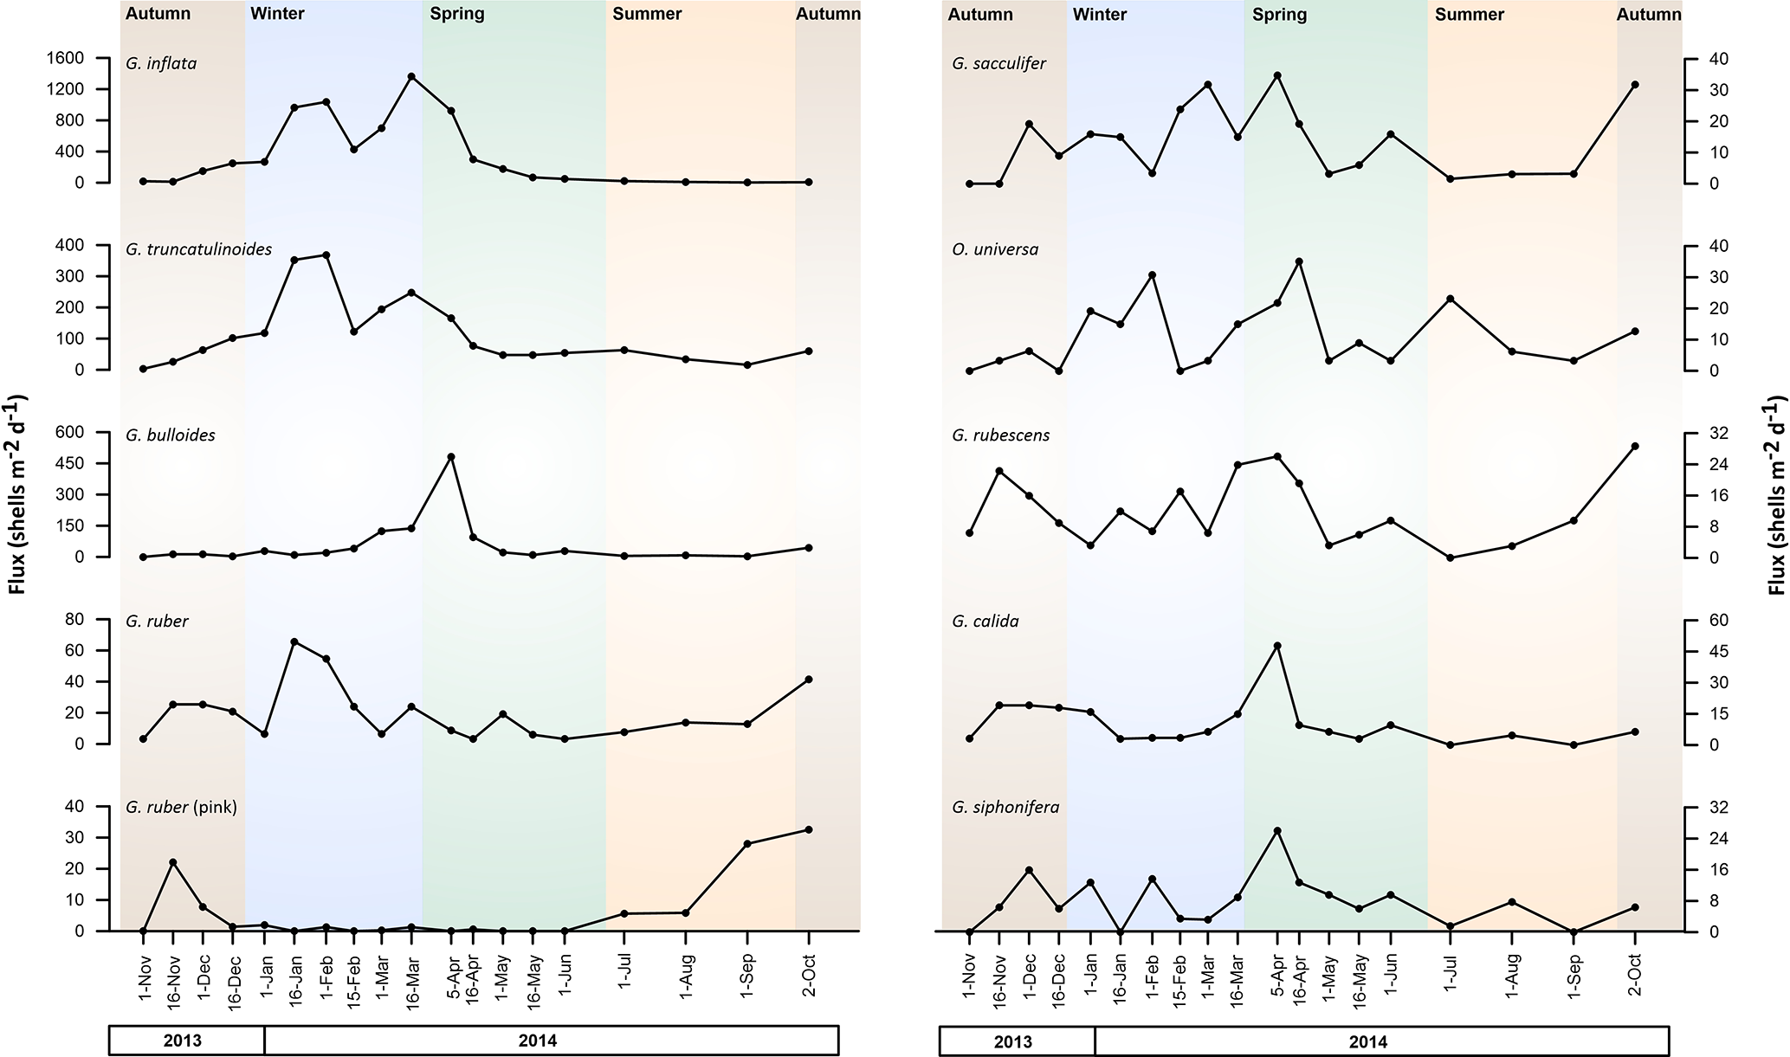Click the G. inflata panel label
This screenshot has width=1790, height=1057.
[x=161, y=63]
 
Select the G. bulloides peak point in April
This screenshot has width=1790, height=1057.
[x=450, y=456]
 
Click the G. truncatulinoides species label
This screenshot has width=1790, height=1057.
[x=198, y=249]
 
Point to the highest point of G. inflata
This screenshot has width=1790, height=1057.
[x=411, y=76]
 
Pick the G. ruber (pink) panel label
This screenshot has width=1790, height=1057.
[x=181, y=807]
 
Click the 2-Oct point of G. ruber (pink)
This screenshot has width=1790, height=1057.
[x=809, y=829]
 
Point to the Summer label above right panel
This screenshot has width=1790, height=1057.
[x=1469, y=14]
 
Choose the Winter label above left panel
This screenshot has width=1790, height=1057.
[x=277, y=14]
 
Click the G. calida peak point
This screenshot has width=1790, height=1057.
[x=1277, y=646]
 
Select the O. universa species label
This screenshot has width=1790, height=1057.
[x=995, y=249]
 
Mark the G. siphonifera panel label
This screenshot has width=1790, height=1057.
[x=1005, y=807]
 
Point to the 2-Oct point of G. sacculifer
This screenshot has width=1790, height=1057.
[x=1635, y=85]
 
